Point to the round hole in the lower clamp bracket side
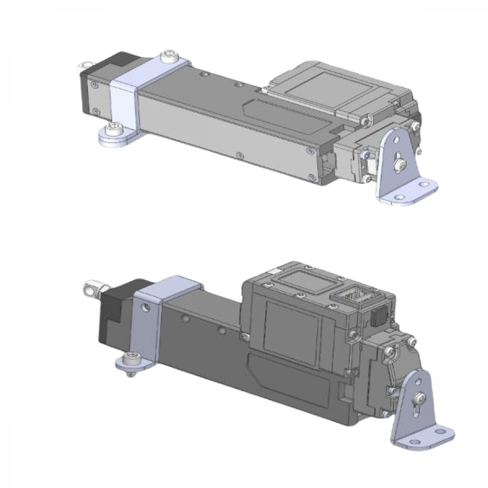[145, 308]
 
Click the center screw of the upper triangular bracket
[400, 163]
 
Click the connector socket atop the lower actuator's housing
[350, 298]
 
